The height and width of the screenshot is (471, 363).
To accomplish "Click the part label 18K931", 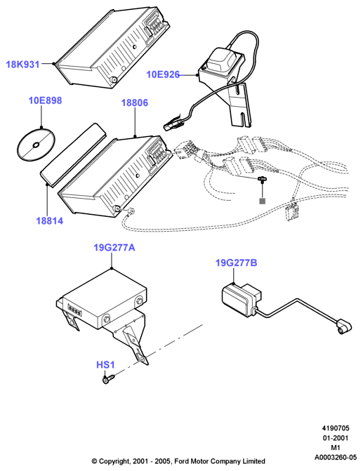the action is click(x=23, y=65).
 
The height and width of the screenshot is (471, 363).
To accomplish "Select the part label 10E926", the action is click(x=163, y=74).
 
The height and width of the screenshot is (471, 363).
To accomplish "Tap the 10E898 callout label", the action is click(x=45, y=100).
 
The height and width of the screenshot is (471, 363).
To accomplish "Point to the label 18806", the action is click(x=135, y=102).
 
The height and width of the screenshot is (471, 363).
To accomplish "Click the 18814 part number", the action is click(x=50, y=221).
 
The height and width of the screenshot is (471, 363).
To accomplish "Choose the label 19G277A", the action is click(x=114, y=248).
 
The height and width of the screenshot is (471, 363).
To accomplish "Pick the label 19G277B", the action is click(x=237, y=263).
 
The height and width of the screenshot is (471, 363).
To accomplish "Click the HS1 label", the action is click(x=105, y=365).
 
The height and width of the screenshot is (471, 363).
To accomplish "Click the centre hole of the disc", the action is click(x=36, y=145).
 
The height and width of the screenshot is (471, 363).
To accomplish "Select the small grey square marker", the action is click(x=263, y=201).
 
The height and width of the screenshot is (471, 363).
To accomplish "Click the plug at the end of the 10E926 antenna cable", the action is click(x=173, y=124).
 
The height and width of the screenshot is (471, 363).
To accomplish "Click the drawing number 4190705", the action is click(x=336, y=428).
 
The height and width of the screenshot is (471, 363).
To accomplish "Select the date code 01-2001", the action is click(x=336, y=438).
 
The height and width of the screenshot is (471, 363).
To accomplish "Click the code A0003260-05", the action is click(x=336, y=458).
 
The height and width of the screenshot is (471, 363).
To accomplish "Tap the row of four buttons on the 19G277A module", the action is click(x=74, y=310).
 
